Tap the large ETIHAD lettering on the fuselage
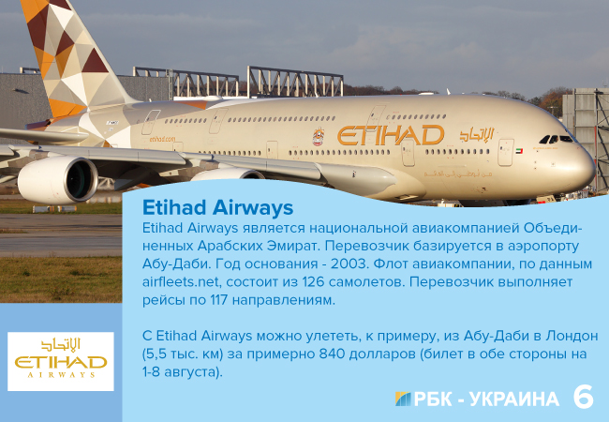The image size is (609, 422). click(390, 135)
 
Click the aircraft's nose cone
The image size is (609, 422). click(587, 165)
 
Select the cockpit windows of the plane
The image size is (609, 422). click(554, 139)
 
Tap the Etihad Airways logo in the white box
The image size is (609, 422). click(60, 361)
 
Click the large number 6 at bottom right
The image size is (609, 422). click(583, 397)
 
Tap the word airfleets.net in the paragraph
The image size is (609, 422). click(186, 282)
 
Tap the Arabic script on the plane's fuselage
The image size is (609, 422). click(475, 134)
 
